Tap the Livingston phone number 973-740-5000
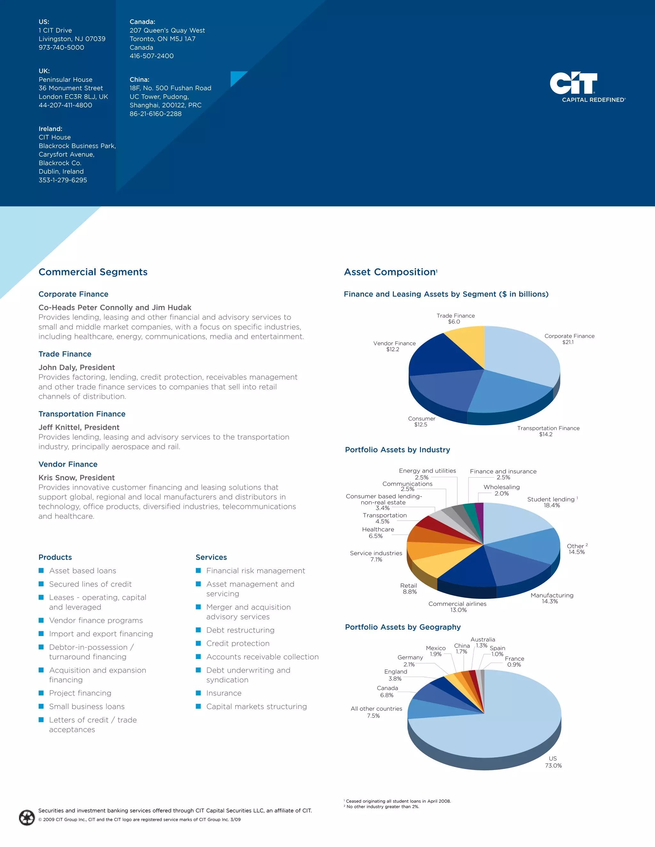[61, 47]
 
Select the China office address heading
[139, 80]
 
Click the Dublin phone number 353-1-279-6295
[63, 180]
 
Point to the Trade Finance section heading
[65, 354]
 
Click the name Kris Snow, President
[76, 478]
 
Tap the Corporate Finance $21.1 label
[569, 339]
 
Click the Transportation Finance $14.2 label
[548, 431]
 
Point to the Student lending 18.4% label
[552, 502]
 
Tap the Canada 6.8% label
[387, 691]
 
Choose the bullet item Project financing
[80, 693]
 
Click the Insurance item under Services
[224, 693]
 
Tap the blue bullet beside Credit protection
[198, 643]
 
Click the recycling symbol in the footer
[27, 818]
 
